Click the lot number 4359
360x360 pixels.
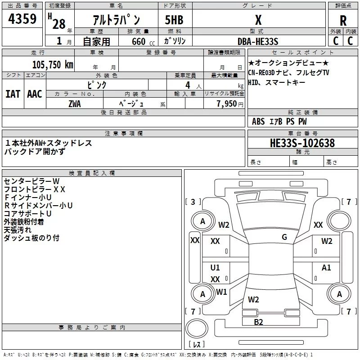click(x=22, y=18)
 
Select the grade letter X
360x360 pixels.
click(x=258, y=20)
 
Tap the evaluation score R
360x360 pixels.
click(x=343, y=21)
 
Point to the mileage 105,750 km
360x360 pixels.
click(x=53, y=65)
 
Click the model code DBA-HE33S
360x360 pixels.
click(x=258, y=41)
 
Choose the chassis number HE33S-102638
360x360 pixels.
click(x=302, y=143)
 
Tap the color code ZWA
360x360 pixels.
click(x=75, y=104)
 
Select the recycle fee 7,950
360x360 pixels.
click(x=226, y=104)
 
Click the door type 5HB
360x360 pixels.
click(x=174, y=20)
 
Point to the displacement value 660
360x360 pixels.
click(x=139, y=41)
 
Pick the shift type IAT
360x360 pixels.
click(x=13, y=94)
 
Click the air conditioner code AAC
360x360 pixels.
click(x=35, y=94)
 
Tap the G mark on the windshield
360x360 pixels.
click(x=284, y=237)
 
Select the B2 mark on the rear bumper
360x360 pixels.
click(x=258, y=322)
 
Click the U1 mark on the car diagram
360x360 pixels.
click(x=215, y=267)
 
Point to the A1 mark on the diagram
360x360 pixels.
click(x=326, y=267)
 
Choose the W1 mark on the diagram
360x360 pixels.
click(x=221, y=292)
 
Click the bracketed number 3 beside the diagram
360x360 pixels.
click(x=193, y=202)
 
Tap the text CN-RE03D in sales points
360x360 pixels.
click(x=261, y=73)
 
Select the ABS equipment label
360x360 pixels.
click(x=258, y=121)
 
